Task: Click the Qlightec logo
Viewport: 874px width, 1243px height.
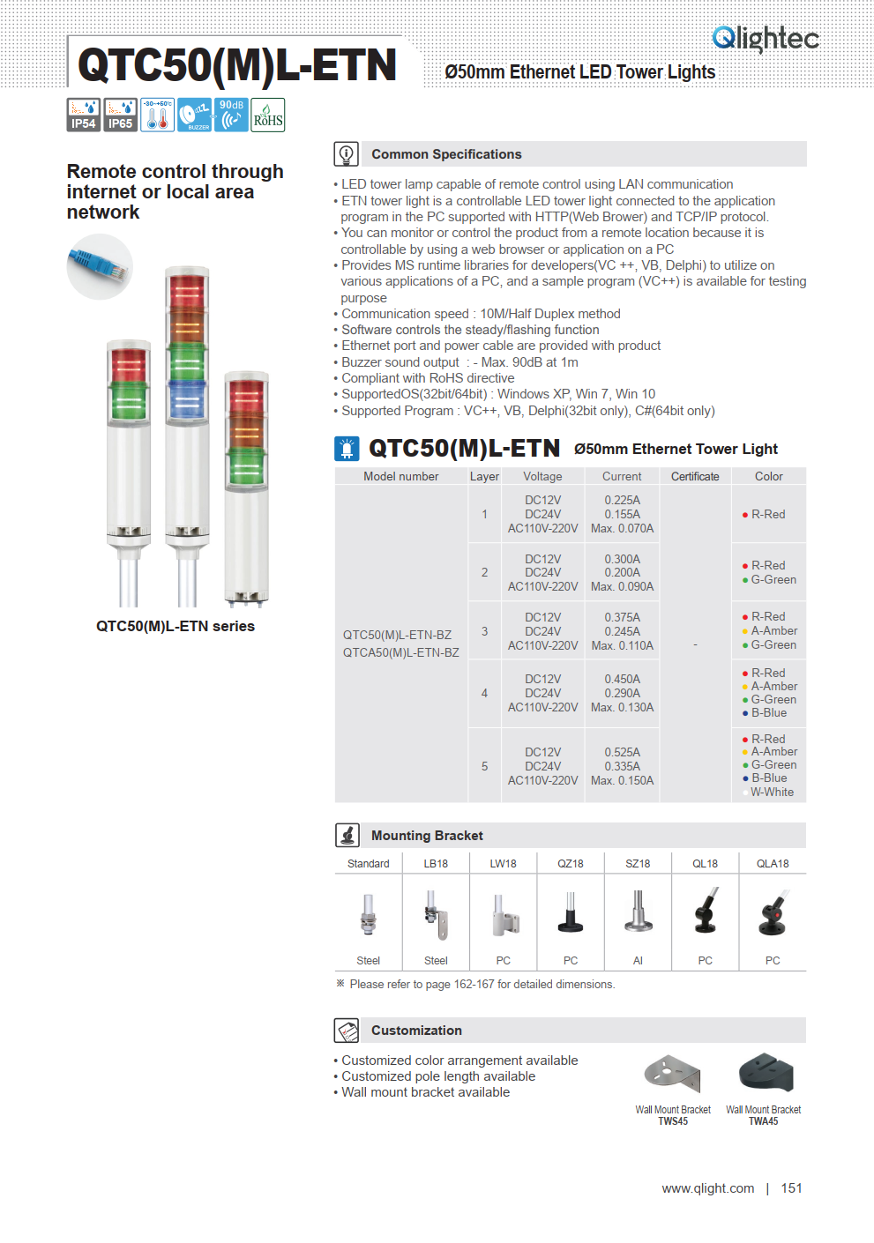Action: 765,38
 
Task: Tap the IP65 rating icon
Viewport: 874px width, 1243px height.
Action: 120,115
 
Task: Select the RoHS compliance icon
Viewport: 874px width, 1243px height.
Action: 268,115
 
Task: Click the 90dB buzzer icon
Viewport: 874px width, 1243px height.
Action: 231,115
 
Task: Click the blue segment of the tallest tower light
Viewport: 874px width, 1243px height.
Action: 187,399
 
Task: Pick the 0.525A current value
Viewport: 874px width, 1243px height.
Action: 622,752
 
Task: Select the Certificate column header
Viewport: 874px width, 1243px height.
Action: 695,476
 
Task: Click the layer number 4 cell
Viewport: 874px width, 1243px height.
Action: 484,693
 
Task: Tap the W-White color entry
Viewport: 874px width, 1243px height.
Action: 772,792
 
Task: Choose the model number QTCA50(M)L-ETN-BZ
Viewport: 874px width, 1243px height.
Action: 400,652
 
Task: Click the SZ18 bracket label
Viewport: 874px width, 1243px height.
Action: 638,864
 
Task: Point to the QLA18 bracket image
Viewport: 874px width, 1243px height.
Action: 773,913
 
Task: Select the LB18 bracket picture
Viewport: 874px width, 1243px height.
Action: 436,914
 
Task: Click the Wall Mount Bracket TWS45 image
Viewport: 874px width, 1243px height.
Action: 672,1073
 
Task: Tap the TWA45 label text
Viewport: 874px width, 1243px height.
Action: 764,1121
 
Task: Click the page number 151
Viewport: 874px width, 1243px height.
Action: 791,1188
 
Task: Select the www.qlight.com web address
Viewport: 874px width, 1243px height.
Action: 708,1188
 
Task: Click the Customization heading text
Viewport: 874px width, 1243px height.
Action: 416,1031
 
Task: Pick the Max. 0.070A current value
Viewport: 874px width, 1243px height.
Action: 622,528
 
